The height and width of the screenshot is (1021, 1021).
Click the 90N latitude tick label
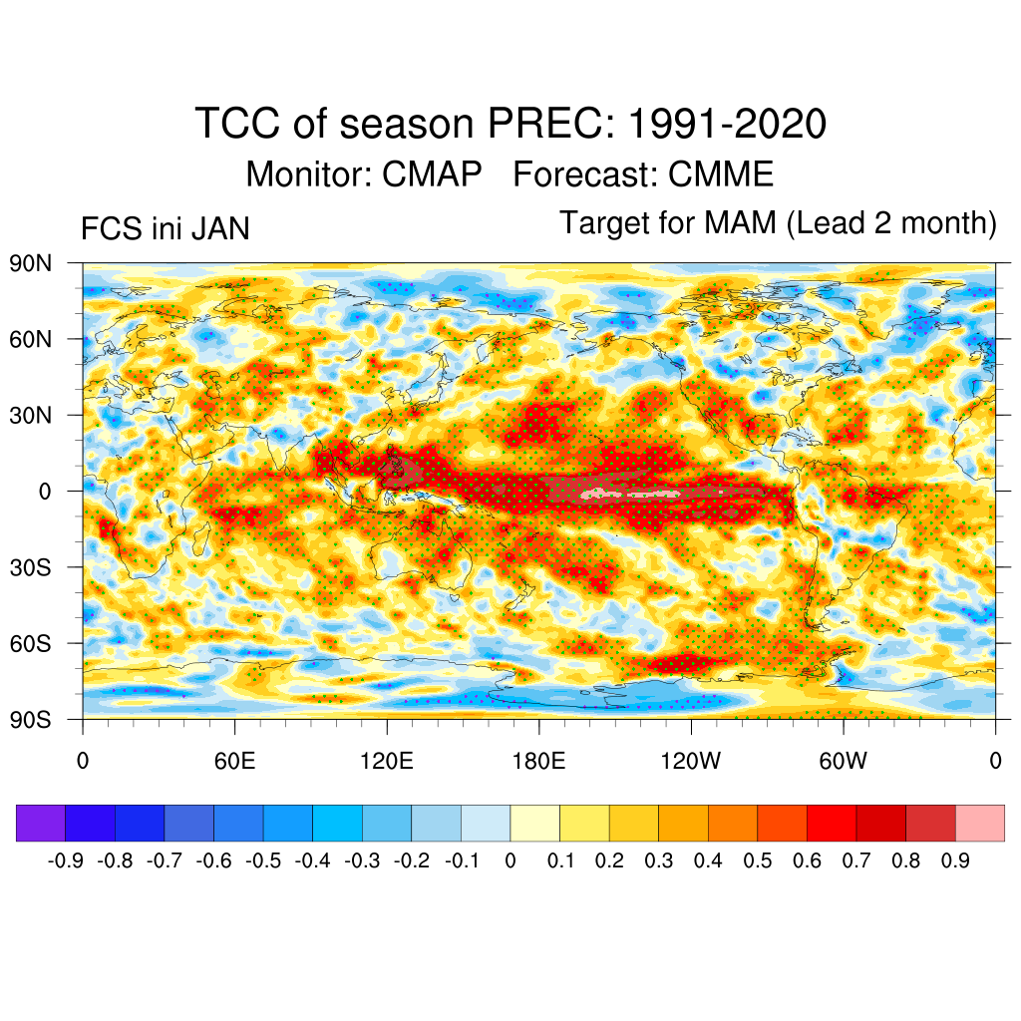coord(31,263)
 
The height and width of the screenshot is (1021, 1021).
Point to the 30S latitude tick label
coord(31,567)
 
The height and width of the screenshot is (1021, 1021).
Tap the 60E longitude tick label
coord(234,762)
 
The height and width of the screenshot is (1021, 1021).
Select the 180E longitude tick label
coord(538,762)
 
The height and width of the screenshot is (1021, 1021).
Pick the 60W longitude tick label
coord(843,762)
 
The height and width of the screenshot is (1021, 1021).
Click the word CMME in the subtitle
coord(721,174)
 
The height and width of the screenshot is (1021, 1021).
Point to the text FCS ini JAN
coord(165,230)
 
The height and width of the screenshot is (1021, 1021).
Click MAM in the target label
coord(739,223)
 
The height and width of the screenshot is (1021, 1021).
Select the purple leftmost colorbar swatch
coord(41,823)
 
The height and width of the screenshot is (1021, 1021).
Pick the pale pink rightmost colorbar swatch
coord(979,823)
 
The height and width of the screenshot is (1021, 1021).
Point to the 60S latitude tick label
coord(31,643)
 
